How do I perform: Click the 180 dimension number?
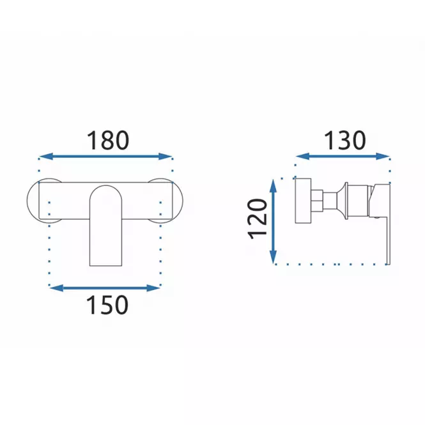[107, 141]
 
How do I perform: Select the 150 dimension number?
[107, 305]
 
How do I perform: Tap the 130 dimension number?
[344, 141]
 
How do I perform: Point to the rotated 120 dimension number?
[258, 219]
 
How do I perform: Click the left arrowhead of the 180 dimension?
[46, 157]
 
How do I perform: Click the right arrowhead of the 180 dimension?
[166, 157]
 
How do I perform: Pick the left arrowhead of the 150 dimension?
[57, 288]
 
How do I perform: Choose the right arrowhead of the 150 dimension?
[153, 288]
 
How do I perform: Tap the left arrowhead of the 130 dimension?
[303, 156]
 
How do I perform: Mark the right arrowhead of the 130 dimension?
[383, 156]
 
